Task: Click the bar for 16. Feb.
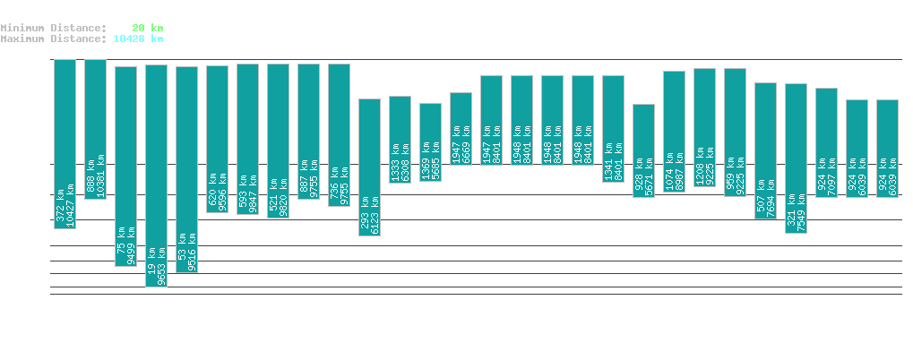156,175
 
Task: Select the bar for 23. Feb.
369,167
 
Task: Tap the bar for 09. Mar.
796,158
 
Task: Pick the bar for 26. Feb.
461,128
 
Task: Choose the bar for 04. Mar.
643,150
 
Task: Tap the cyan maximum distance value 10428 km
138,39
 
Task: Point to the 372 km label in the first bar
60,206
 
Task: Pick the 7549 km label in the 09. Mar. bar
800,212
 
